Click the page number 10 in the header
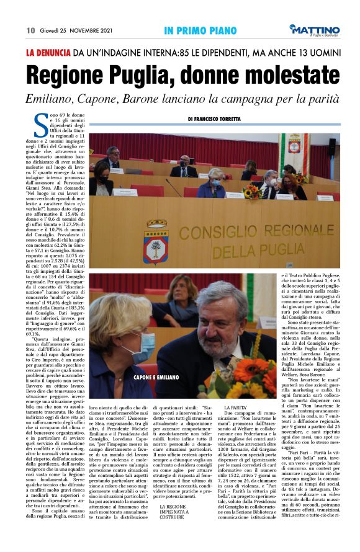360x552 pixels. [x=30, y=30]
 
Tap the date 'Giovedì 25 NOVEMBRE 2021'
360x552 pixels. [x=77, y=30]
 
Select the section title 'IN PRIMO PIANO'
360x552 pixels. [x=196, y=30]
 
